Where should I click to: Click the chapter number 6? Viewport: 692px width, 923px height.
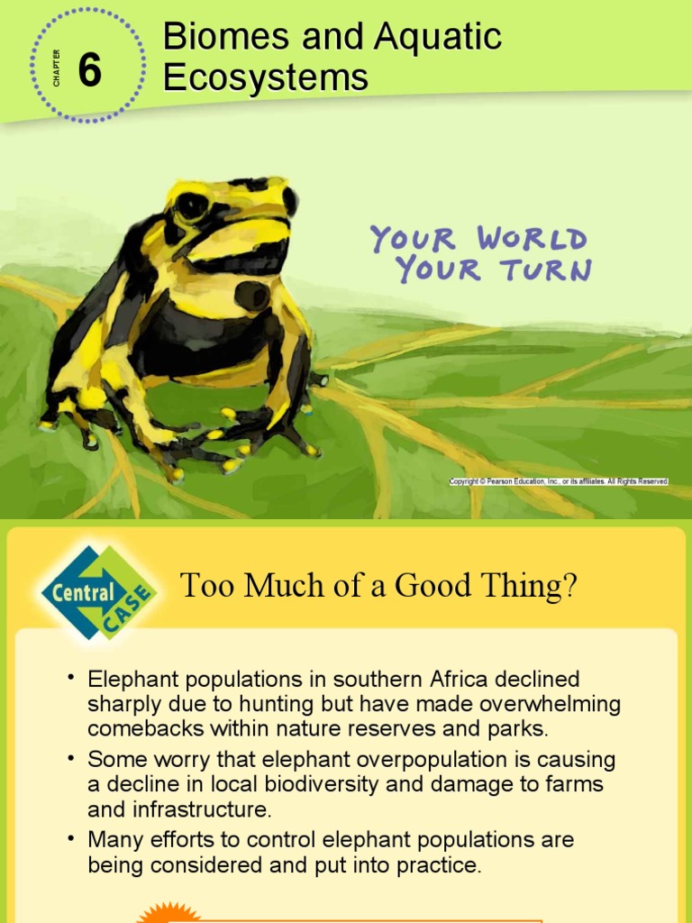point(89,70)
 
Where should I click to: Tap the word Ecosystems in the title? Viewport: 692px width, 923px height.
point(266,78)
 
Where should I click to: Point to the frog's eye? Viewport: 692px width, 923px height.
point(191,206)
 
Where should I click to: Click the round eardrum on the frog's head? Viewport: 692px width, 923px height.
point(251,295)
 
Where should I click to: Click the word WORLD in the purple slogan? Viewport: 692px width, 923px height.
point(532,240)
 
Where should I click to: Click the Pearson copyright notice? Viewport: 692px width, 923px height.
point(559,482)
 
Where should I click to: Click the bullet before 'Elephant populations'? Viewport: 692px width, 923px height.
point(69,676)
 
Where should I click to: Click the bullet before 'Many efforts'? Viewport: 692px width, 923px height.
point(69,837)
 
